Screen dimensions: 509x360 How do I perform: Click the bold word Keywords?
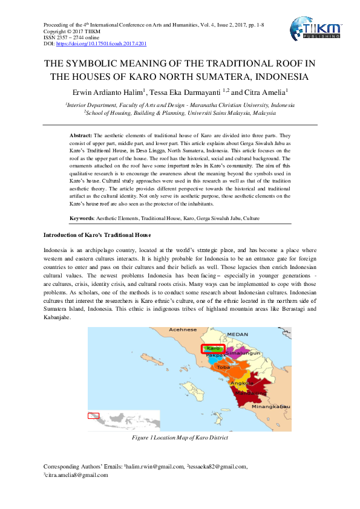[82, 216]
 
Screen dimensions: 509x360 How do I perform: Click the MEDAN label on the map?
[237, 334]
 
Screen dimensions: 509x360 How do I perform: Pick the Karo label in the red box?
[213, 349]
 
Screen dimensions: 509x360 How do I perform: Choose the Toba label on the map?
[223, 367]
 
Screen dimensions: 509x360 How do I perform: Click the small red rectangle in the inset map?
[93, 415]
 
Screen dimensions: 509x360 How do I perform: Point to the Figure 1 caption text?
[180, 438]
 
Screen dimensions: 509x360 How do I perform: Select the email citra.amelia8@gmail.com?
[76, 475]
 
